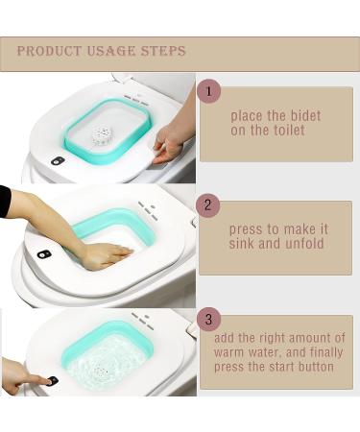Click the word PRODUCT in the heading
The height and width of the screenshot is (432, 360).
(x=49, y=51)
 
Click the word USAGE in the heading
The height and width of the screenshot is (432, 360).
(x=111, y=51)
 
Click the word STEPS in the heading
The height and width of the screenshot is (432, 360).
(x=163, y=51)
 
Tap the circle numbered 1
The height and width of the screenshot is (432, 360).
(x=208, y=91)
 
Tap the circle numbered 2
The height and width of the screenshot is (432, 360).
(x=208, y=204)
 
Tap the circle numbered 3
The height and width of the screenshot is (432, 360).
(x=208, y=319)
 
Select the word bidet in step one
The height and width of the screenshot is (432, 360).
(x=304, y=116)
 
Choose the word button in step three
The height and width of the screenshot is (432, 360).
(x=316, y=367)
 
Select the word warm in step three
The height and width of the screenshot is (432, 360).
(x=228, y=352)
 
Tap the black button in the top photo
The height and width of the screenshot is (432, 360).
(x=58, y=160)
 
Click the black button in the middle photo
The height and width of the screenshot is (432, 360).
(x=44, y=254)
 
